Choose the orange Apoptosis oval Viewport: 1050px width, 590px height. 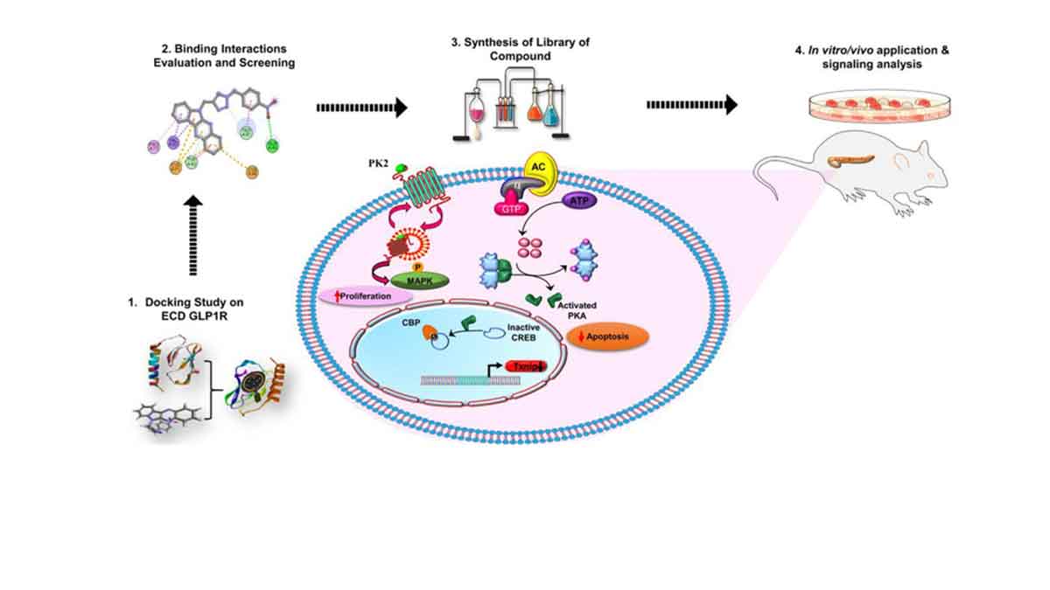(610, 336)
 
